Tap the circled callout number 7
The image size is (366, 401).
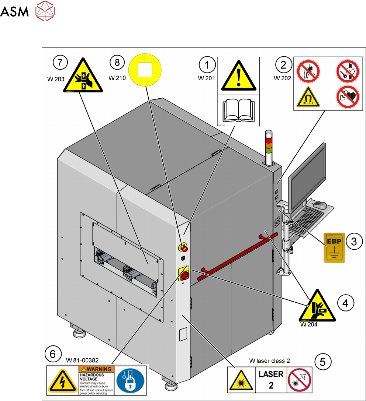[60, 63]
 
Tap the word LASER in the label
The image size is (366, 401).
[271, 374]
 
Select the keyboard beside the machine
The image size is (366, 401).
[305, 220]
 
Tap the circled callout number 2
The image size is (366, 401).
[283, 65]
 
